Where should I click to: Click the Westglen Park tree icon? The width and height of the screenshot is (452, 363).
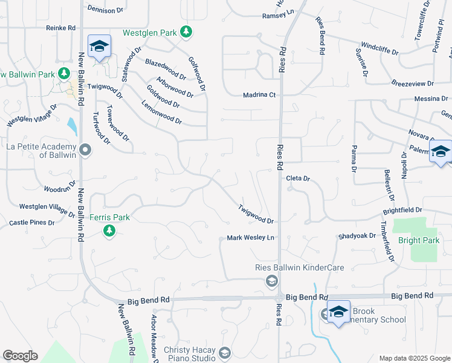click(x=187, y=31)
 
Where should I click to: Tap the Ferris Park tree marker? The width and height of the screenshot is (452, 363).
click(x=109, y=231)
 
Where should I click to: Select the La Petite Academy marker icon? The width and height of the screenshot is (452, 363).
click(x=85, y=149)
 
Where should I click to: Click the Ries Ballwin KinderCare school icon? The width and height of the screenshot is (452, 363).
click(x=271, y=280)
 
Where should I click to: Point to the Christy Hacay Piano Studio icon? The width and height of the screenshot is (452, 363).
click(x=225, y=353)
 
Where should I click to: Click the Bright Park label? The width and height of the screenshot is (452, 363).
click(x=419, y=240)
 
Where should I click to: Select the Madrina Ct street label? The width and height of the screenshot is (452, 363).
click(x=259, y=95)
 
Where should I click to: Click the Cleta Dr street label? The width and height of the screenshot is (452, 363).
click(x=297, y=178)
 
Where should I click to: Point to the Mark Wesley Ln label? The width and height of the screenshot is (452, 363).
click(x=251, y=238)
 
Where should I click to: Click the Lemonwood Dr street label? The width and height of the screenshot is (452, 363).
click(x=161, y=113)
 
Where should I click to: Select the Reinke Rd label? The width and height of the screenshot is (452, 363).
click(x=60, y=28)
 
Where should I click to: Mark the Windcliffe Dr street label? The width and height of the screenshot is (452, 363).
click(x=379, y=49)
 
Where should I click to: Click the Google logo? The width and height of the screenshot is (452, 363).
click(x=20, y=355)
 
